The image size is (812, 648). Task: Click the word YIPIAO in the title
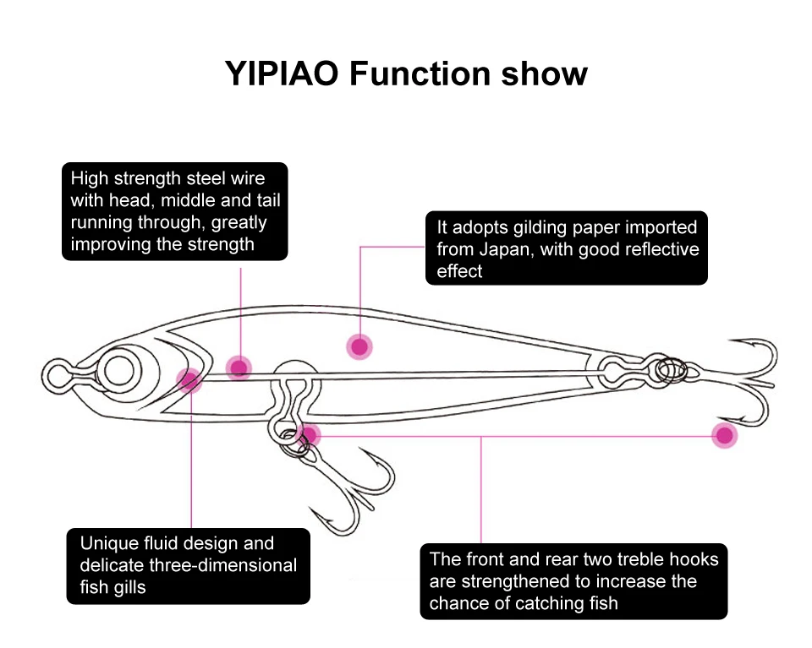283,74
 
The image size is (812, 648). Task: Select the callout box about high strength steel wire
175,211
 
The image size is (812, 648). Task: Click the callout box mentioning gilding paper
566,248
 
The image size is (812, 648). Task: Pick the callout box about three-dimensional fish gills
188,566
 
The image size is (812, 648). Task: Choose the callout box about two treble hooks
573,581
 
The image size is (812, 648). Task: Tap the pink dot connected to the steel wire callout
239,367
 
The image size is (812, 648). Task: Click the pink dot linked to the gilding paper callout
359,346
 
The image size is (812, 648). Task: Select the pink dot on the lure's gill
189,380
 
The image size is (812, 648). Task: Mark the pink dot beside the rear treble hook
724,436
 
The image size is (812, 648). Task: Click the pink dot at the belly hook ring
310,436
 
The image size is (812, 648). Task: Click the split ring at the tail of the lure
671,369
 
